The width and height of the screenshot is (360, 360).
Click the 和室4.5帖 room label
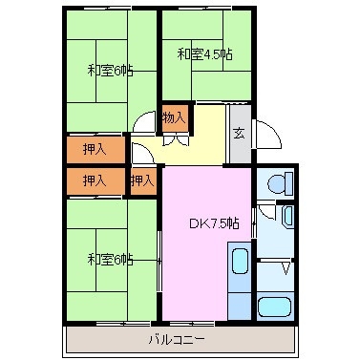pyautogui.click(x=203, y=54)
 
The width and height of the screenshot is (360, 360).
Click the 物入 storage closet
pyautogui.click(x=173, y=118)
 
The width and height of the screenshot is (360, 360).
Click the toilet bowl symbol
pyautogui.click(x=276, y=182)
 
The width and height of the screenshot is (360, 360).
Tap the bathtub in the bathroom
pyautogui.click(x=274, y=308)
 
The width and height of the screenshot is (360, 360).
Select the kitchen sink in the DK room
pyautogui.click(x=240, y=263)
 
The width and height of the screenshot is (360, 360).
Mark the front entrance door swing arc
pyautogui.click(x=266, y=134)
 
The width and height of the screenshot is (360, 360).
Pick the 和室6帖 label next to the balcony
pyautogui.click(x=110, y=259)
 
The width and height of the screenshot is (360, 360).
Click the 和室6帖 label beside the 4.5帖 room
pyautogui.click(x=110, y=69)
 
